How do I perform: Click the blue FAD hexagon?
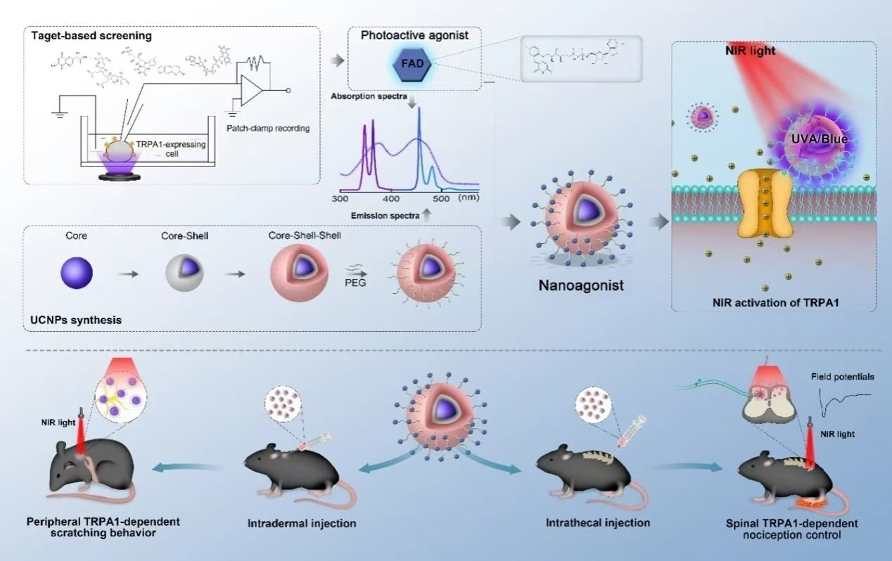412,65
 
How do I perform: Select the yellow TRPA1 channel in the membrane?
765,204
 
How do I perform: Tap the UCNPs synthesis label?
75,320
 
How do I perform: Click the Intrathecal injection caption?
597,523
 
